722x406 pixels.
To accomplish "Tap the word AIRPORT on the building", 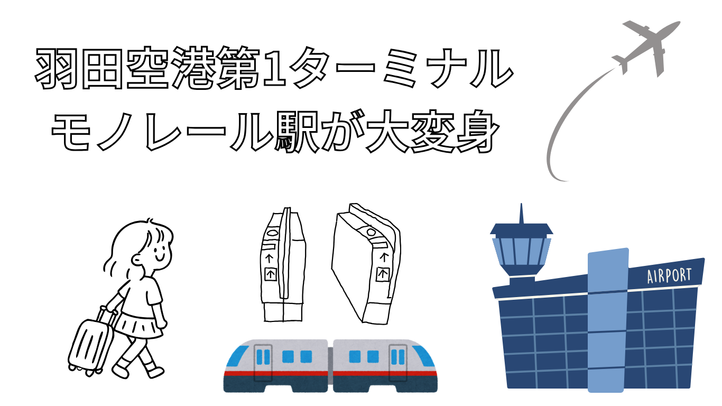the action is pos(670,276).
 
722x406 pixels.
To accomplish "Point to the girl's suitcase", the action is pos(92,342).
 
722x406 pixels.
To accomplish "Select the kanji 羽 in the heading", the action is pos(57,69).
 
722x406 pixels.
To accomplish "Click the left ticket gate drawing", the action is pos(283,264).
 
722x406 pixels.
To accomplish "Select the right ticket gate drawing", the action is pos(366,264).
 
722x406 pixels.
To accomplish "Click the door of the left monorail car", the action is pos(263,363).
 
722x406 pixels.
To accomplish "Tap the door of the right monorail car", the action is pos(397,363).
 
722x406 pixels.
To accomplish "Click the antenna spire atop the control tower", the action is pos(521,214).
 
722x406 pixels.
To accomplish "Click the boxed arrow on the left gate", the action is pos(271,274).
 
